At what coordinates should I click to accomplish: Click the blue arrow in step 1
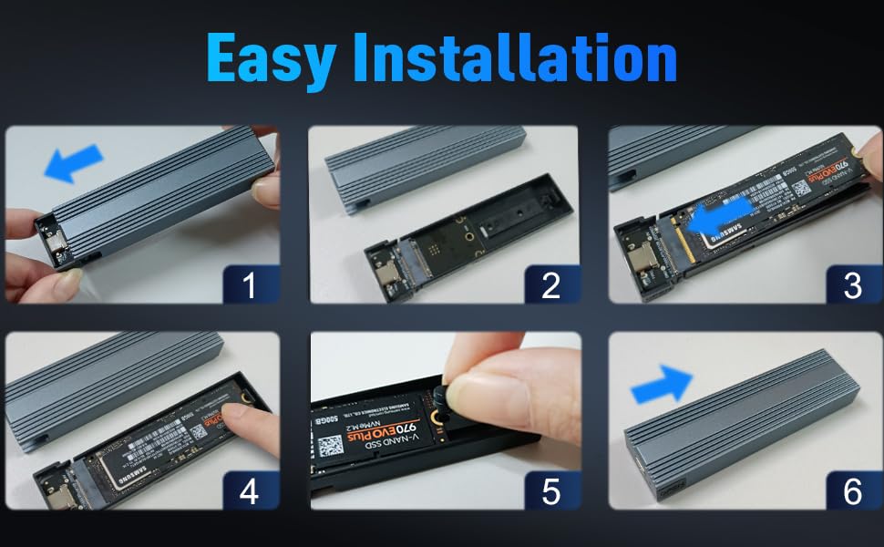tap(73, 164)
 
